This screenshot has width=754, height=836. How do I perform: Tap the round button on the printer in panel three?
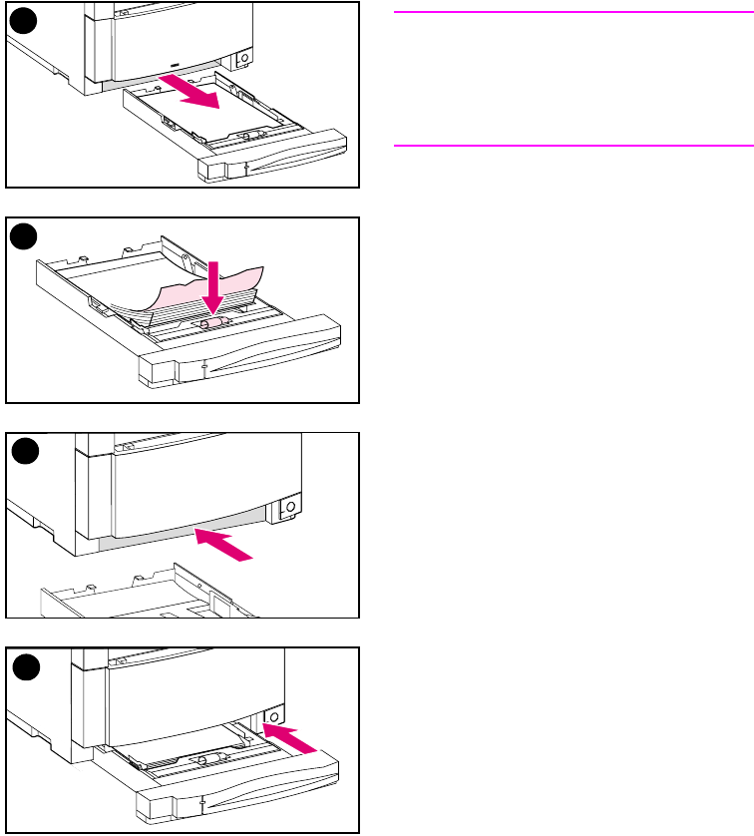pos(289,508)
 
